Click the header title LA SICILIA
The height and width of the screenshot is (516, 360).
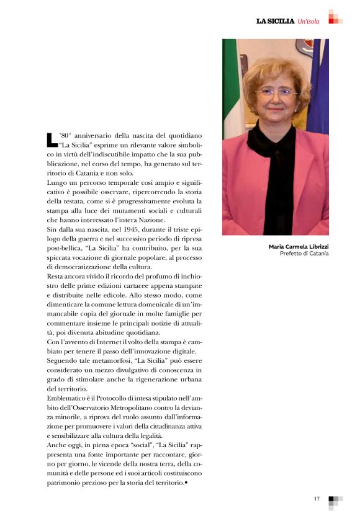276,22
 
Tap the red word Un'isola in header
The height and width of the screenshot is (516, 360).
308,22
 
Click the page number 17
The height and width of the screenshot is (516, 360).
317,498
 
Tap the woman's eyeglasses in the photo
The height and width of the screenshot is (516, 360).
276,92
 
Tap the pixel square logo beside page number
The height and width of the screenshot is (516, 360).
335,500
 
